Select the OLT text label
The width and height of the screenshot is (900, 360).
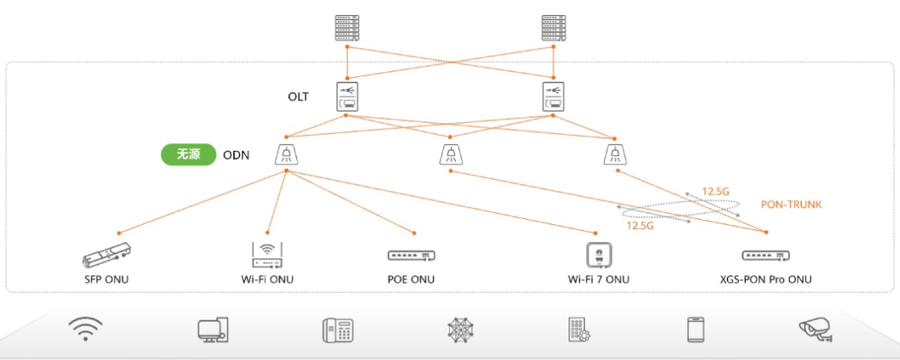tap(298, 97)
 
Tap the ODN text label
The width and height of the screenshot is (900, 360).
tap(236, 155)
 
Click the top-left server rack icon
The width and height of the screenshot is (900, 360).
tap(347, 28)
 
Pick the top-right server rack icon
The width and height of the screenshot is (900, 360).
tap(553, 28)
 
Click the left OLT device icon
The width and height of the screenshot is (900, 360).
tap(346, 97)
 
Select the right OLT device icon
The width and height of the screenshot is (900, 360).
tap(553, 97)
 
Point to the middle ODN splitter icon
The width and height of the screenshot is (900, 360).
tap(450, 154)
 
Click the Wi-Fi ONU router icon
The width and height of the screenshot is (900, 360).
tap(268, 255)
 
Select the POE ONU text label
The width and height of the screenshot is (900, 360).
tap(411, 280)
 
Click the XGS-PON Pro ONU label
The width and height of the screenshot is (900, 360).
tap(765, 280)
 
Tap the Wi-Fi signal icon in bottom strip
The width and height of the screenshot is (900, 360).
tap(85, 328)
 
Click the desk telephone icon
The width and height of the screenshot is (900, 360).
tap(337, 330)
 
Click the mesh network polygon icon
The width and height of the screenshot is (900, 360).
tap(459, 330)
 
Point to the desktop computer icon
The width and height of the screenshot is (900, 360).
tap(213, 330)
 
